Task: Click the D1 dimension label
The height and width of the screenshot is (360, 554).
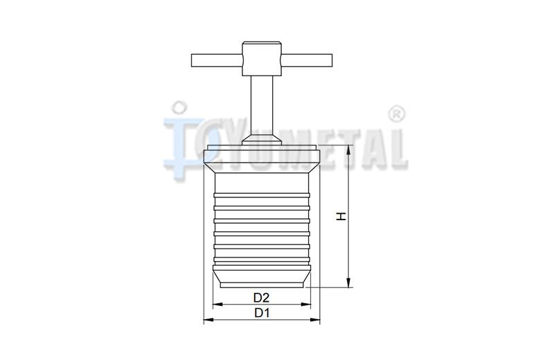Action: click(x=262, y=313)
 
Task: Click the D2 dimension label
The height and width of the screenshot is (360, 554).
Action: click(x=262, y=298)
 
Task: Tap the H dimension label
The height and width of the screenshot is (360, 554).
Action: click(x=341, y=216)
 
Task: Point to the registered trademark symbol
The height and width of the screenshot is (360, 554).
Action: click(x=396, y=114)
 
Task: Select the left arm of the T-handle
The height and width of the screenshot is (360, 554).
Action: click(x=217, y=60)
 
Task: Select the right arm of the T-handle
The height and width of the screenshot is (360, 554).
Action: click(x=307, y=60)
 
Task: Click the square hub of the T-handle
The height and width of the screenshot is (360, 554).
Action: click(x=262, y=59)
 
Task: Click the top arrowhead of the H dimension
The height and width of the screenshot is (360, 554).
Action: click(x=349, y=150)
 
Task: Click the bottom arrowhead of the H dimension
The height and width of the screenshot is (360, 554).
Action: click(x=349, y=282)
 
